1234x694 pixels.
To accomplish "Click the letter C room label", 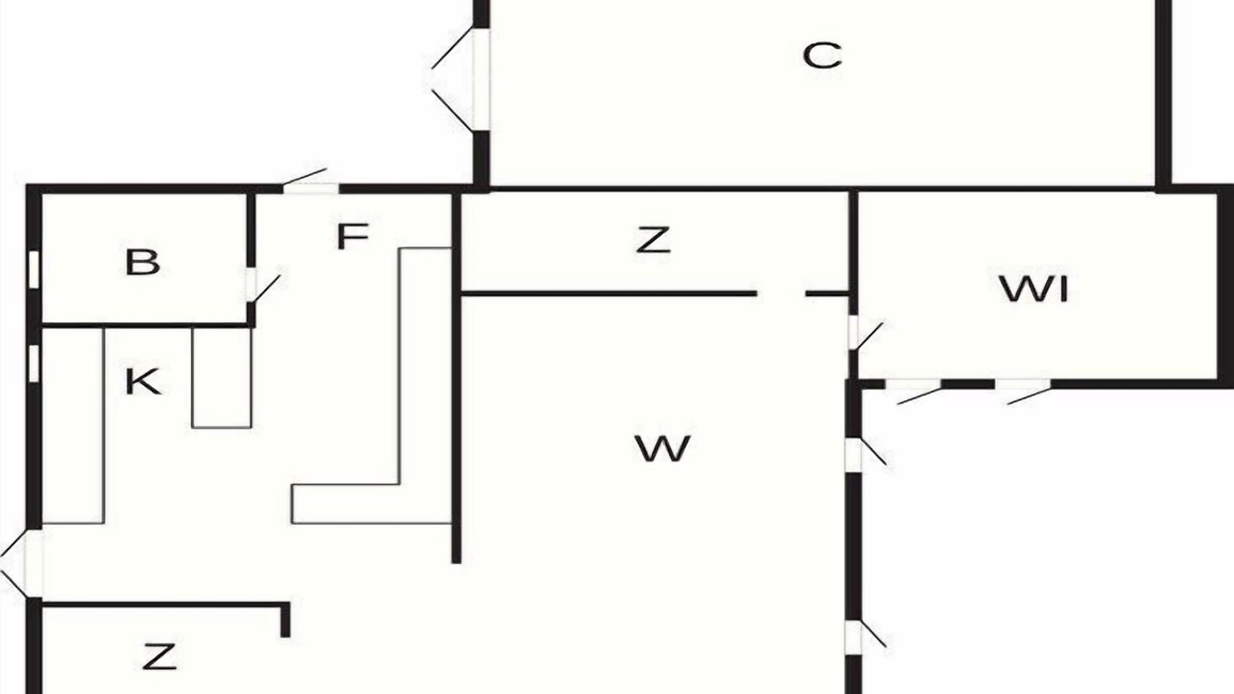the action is click(822, 56).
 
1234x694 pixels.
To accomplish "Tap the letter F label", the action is click(352, 236).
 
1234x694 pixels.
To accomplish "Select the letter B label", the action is click(143, 262).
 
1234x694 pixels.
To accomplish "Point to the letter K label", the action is click(144, 381).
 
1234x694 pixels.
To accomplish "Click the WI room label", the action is click(1034, 289).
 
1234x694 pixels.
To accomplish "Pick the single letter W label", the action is click(662, 448).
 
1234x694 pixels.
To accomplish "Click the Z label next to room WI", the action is click(654, 240).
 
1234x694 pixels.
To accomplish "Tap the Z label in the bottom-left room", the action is click(160, 656).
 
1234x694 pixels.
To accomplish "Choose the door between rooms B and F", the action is click(261, 287).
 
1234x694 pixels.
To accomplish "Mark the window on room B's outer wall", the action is click(34, 269).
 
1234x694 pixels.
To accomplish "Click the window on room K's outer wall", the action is click(34, 363).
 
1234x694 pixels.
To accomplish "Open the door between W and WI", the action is click(865, 334).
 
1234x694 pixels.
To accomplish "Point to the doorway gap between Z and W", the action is click(781, 294).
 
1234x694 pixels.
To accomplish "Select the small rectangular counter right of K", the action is click(222, 378).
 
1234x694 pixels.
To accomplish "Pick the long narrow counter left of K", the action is click(73, 426).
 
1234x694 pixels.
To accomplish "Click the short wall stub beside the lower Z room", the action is click(284, 621).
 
